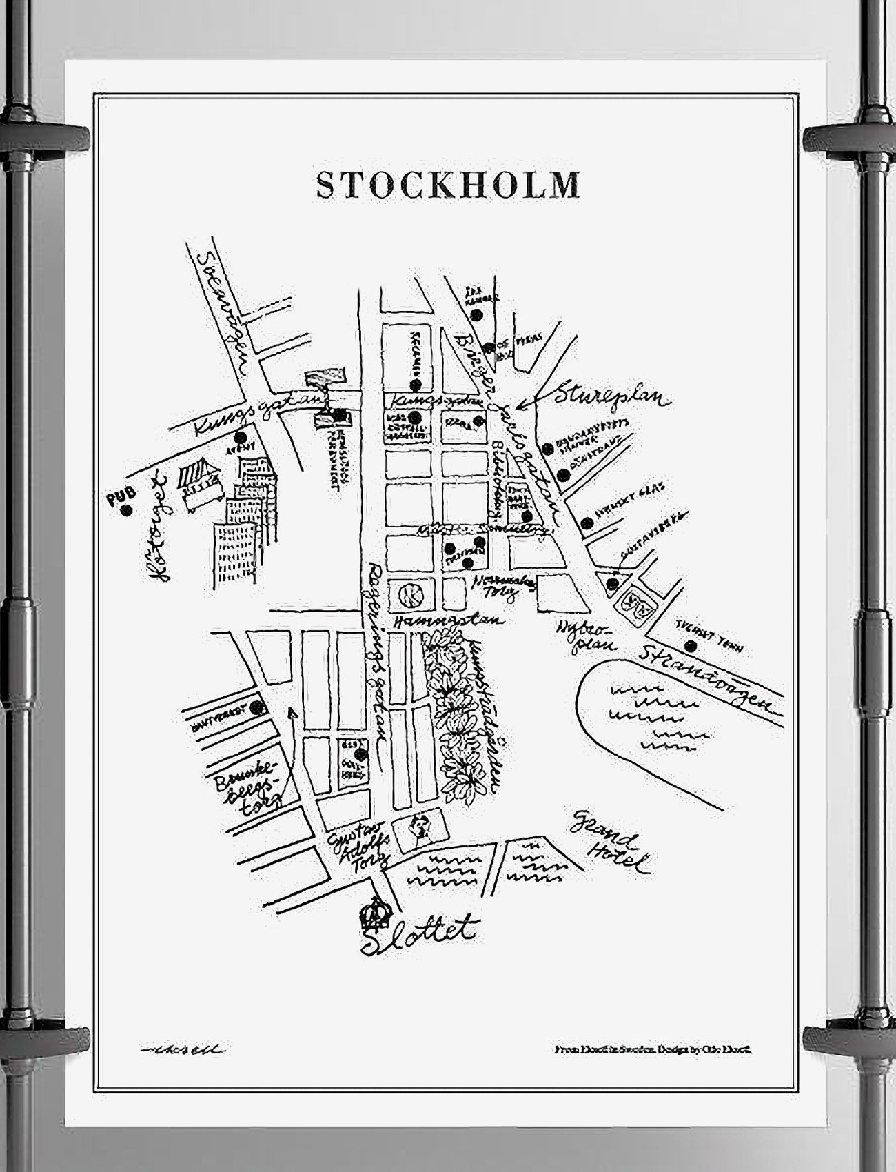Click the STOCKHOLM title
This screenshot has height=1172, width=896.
(447, 185)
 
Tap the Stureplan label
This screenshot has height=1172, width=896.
(613, 397)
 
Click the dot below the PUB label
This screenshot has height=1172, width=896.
(125, 511)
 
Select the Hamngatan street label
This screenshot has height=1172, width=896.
(448, 620)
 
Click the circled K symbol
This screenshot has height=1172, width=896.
(410, 594)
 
